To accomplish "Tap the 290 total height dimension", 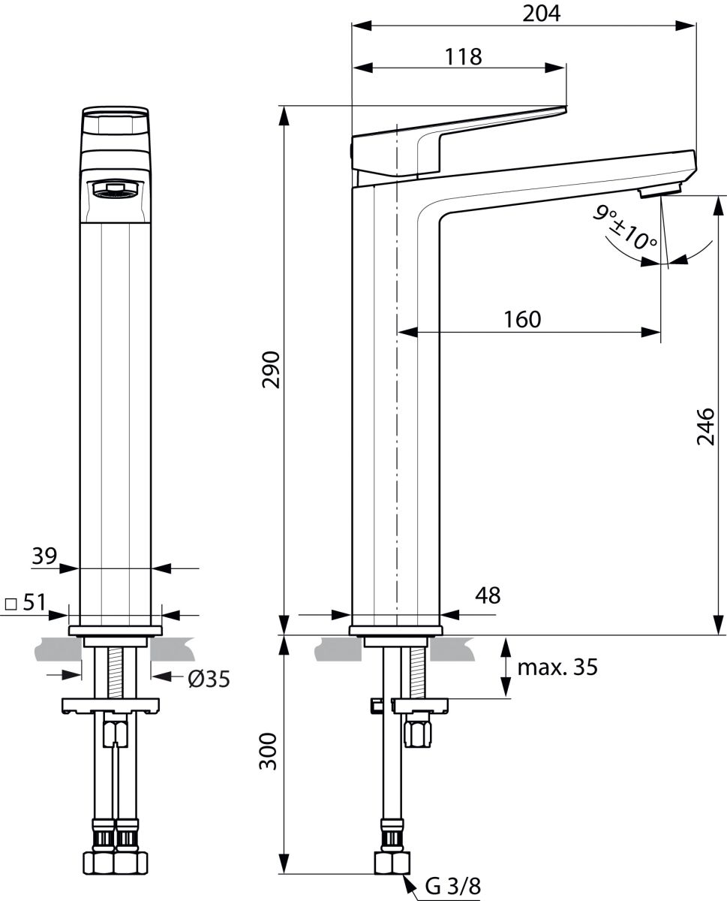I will coord(272,369).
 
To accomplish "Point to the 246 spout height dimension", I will coord(705,426).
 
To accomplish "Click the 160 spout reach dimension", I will coord(522,319).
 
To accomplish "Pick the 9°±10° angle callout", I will coord(626,230).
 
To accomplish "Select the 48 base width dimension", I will coord(488,595).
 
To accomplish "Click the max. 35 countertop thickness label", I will coord(557,667).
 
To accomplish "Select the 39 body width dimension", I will coord(44,556).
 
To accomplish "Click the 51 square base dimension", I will coord(35,602).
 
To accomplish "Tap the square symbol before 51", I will coord(11,603).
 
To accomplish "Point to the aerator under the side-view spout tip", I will coord(660,192).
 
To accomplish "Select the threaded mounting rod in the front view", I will coord(116,672).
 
